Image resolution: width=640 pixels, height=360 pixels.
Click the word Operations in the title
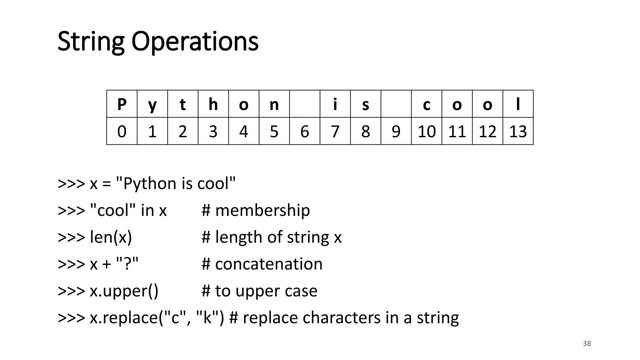tap(195, 42)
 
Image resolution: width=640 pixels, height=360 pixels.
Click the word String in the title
tap(91, 42)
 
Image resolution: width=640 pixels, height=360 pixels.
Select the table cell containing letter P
tap(122, 104)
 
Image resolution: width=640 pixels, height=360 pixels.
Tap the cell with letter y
tap(152, 104)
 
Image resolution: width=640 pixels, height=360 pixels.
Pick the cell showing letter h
tap(213, 104)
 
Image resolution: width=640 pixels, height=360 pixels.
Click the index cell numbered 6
tap(305, 131)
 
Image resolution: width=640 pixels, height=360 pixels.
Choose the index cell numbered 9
tap(396, 131)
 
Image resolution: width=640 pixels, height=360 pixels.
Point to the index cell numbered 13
tap(518, 131)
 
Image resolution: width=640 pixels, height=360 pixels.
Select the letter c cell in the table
tap(427, 104)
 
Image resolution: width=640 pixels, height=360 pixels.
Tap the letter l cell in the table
tap(518, 104)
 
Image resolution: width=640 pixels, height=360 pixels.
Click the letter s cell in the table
tap(366, 104)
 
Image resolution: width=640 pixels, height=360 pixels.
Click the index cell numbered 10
tap(427, 131)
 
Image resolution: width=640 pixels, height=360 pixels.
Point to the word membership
tap(262, 210)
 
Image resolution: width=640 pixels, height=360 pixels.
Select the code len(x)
tap(111, 237)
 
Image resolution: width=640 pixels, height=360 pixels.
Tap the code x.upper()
tap(124, 291)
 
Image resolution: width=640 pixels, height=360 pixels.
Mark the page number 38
tap(587, 344)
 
